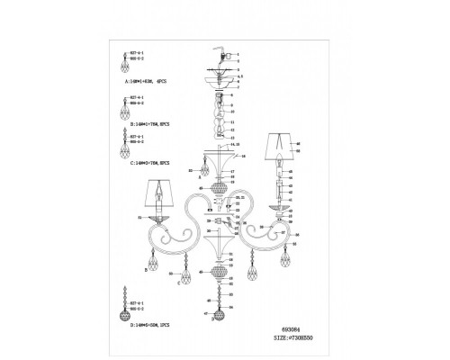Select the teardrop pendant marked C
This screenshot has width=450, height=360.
186,269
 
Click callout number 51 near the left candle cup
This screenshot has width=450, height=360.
139,217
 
